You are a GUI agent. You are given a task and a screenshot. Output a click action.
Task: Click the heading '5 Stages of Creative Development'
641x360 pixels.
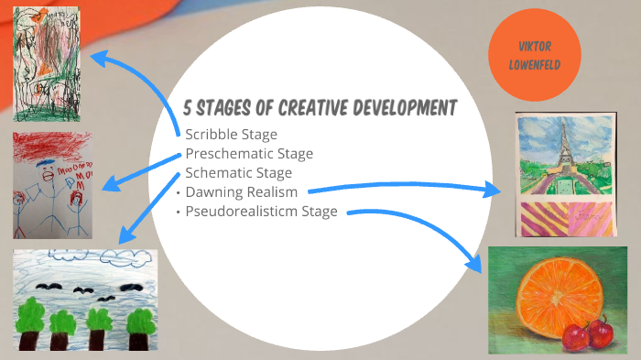pos(320,108)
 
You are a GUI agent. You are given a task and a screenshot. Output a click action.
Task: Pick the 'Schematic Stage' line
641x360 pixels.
pos(238,172)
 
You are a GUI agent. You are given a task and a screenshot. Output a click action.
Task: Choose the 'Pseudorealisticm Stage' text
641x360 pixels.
pos(262,211)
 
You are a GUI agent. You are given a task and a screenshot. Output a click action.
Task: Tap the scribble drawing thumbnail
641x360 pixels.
pos(46,64)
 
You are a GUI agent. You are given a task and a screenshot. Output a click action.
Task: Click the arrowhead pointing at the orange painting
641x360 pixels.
pos(475,263)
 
